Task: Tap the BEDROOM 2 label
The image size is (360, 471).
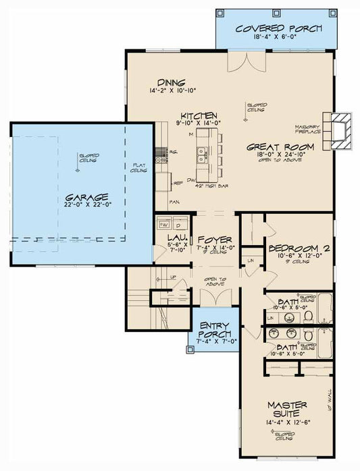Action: point(298,248)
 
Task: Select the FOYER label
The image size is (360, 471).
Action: point(215,240)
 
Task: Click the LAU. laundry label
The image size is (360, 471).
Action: point(176,238)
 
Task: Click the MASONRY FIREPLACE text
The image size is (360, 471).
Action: point(307,128)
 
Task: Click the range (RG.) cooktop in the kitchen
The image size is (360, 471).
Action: point(161,159)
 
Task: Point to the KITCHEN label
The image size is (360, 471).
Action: point(198,115)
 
